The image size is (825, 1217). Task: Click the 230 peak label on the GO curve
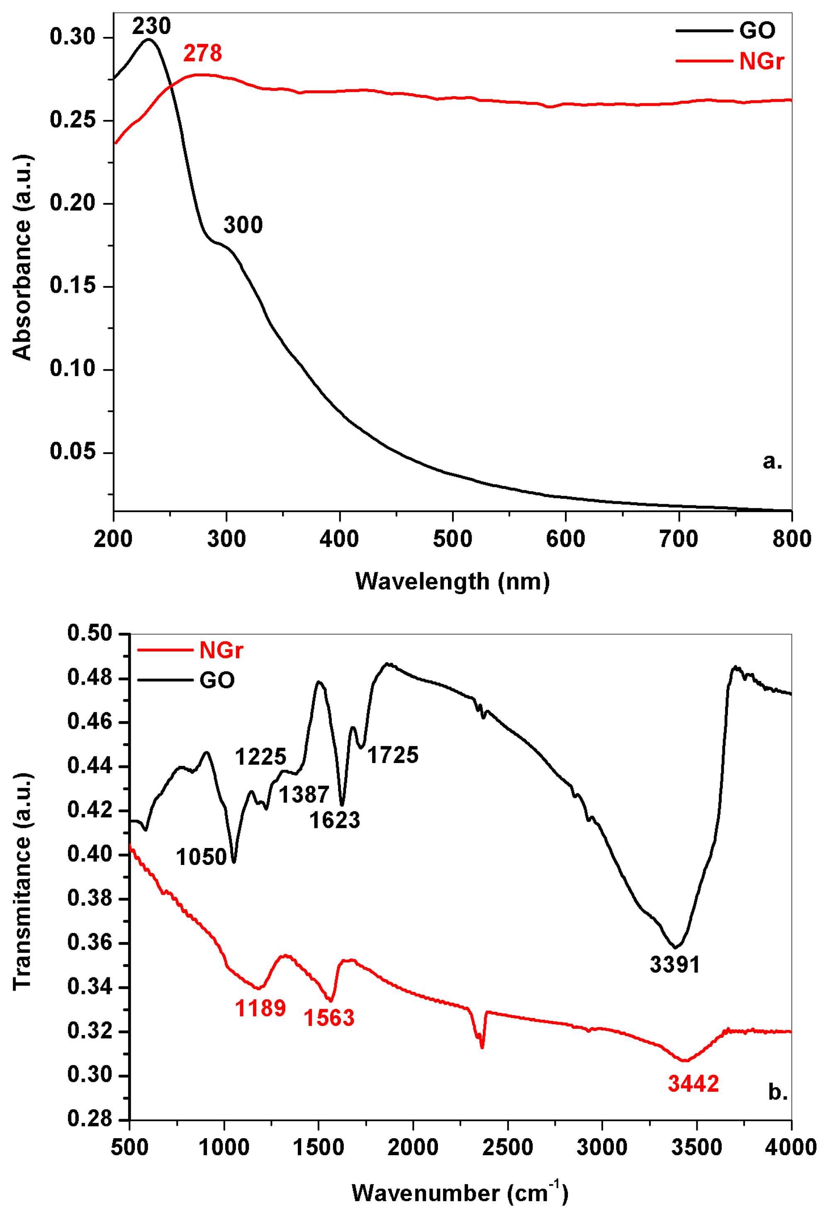tap(151, 26)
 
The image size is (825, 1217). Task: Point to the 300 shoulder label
tap(243, 225)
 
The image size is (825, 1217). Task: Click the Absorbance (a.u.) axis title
tap(22, 257)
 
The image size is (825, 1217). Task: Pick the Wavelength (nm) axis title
tap(453, 581)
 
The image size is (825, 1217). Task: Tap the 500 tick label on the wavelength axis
tap(453, 539)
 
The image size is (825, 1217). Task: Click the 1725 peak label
tap(393, 755)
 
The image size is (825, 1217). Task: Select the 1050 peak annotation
tap(201, 857)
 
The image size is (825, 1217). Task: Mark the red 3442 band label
tap(693, 1084)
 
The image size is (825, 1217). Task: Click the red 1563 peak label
tap(329, 1018)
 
